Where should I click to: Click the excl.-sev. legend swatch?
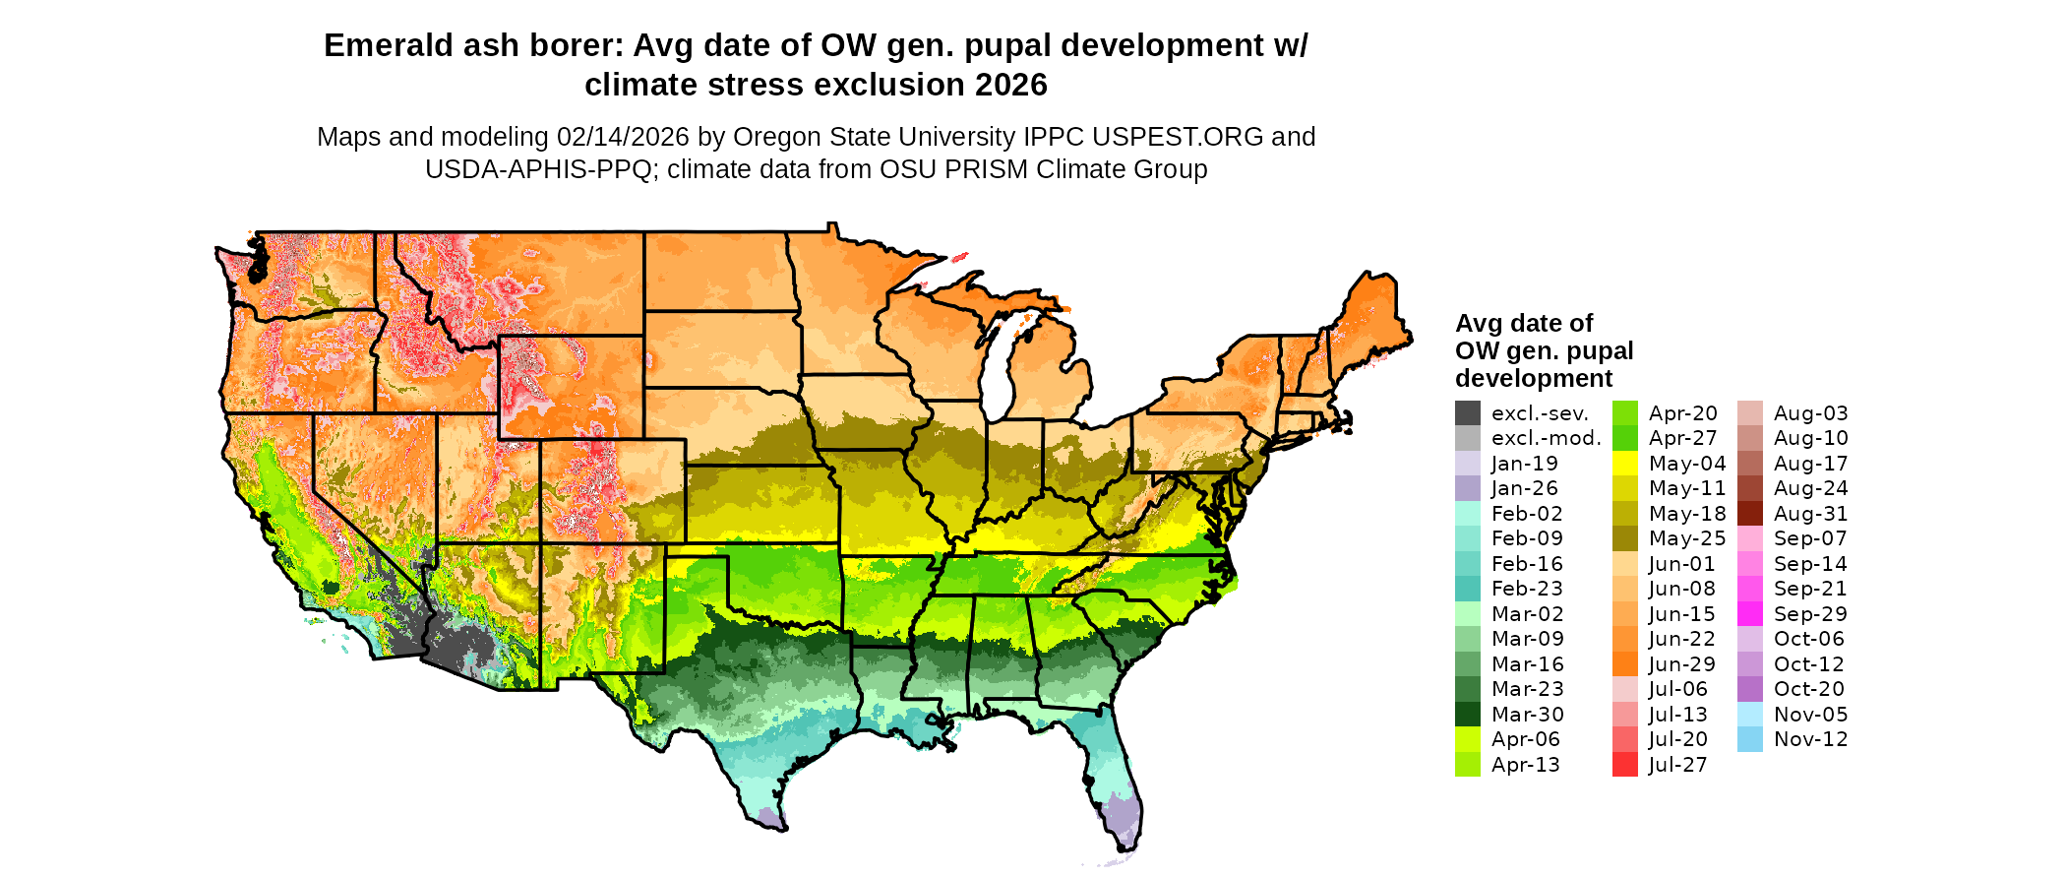pyautogui.click(x=1467, y=413)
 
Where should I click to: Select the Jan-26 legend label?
pyautogui.click(x=1524, y=488)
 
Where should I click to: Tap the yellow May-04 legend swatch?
pyautogui.click(x=1625, y=464)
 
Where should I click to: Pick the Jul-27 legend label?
pyautogui.click(x=1677, y=765)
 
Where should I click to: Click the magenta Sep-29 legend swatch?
pyautogui.click(x=1750, y=614)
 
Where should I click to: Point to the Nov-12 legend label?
pyautogui.click(x=1810, y=739)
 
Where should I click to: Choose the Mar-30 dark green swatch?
pyautogui.click(x=1467, y=715)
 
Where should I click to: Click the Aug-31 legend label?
pyautogui.click(x=1810, y=514)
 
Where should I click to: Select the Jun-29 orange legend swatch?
pyautogui.click(x=1625, y=664)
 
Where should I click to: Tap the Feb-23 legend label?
pyautogui.click(x=1527, y=589)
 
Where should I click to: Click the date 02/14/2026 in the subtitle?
pyautogui.click(x=623, y=137)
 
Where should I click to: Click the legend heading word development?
pyautogui.click(x=1534, y=379)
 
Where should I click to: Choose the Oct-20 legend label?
pyautogui.click(x=1808, y=689)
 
